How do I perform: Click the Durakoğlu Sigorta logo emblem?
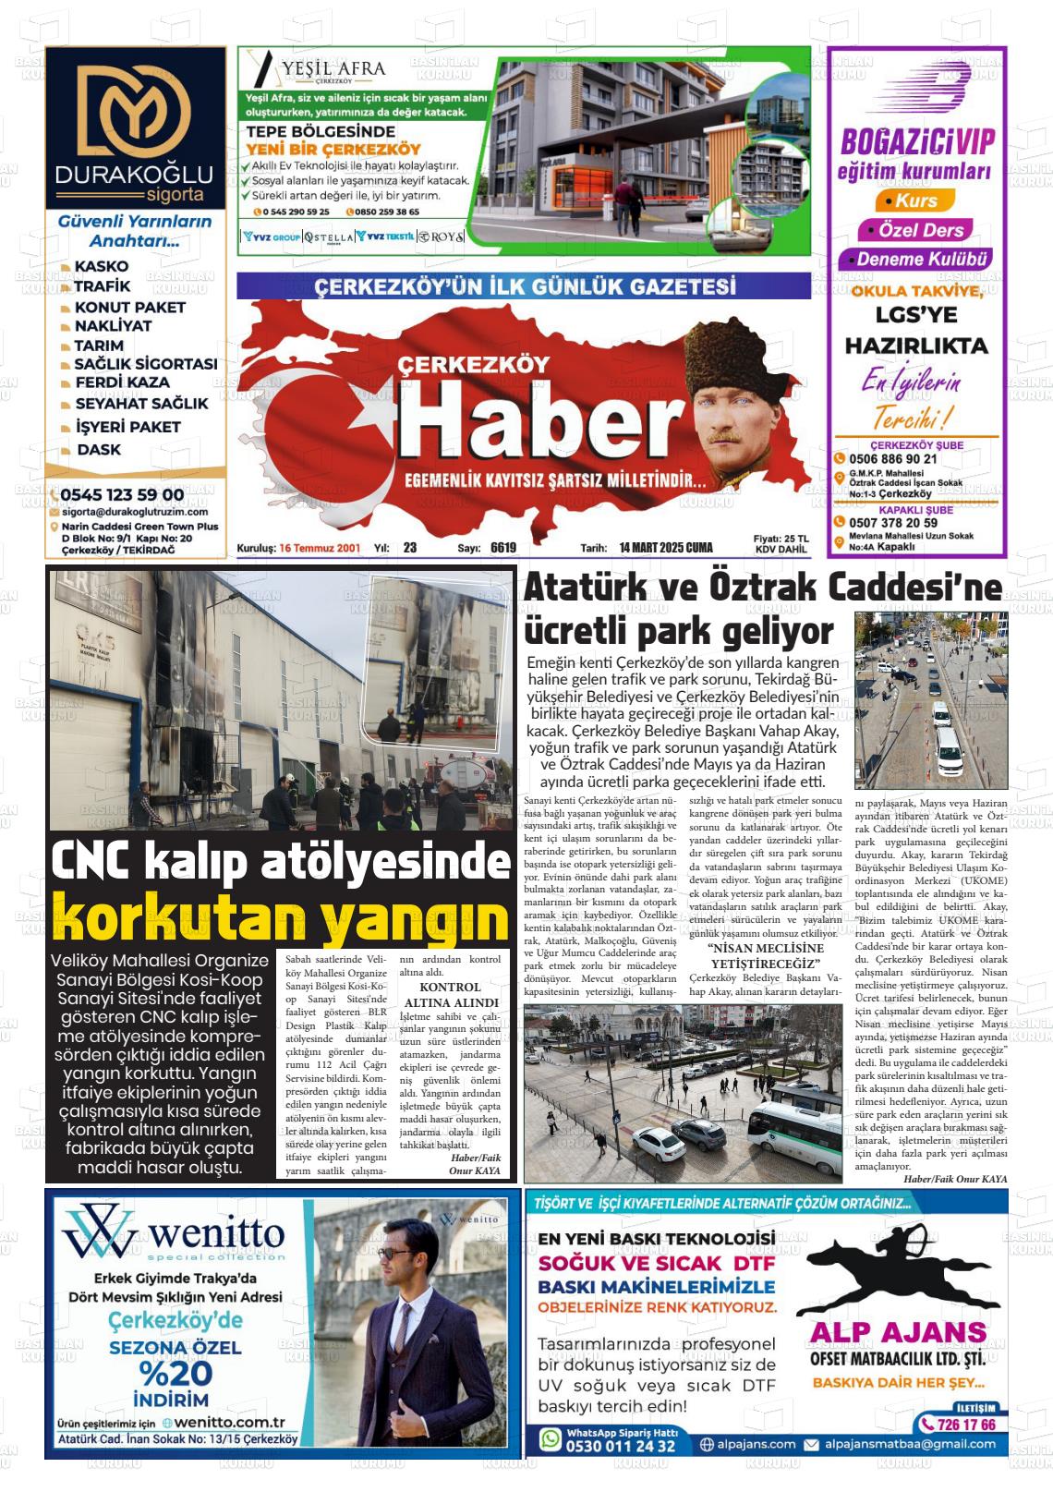(x=135, y=111)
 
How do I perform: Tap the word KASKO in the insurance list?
(x=102, y=267)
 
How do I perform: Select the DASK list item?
(x=99, y=450)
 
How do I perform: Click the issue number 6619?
(x=503, y=548)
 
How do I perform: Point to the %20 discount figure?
(x=175, y=1372)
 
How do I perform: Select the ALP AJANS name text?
(x=898, y=1331)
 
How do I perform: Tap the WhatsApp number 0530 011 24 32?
(x=620, y=1446)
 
